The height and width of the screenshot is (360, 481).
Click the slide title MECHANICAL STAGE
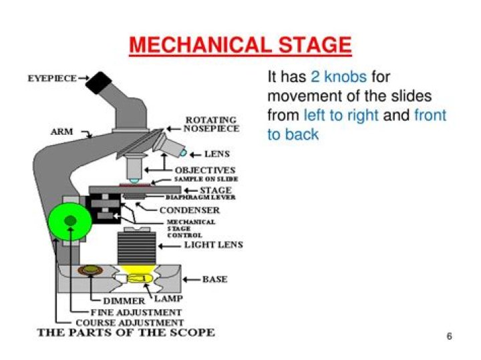(240, 45)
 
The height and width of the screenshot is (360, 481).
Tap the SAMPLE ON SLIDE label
(206, 180)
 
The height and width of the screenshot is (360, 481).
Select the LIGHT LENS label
(213, 245)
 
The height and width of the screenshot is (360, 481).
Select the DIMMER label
(124, 301)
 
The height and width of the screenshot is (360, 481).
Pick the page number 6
(449, 336)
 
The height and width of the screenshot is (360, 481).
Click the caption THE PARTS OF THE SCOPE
(126, 333)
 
